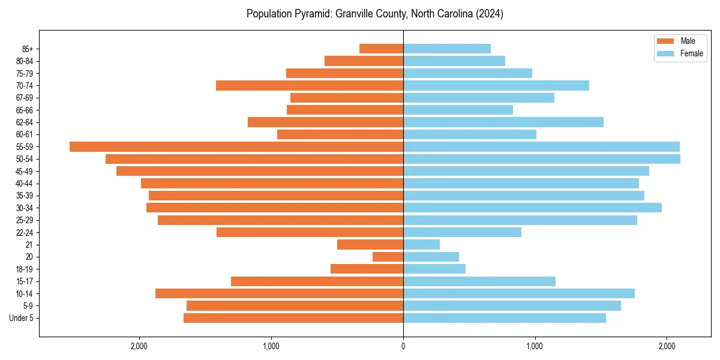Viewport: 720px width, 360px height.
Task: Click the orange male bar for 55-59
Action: [x=236, y=146]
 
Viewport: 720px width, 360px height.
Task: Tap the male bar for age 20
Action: [x=388, y=257]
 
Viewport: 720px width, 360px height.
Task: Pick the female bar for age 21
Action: [x=421, y=244]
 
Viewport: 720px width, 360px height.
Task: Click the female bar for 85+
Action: [x=447, y=49]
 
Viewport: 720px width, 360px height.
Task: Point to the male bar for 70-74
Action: [x=310, y=85]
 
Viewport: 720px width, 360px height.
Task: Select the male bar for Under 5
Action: [x=293, y=318]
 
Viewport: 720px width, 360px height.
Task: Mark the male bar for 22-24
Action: [x=310, y=232]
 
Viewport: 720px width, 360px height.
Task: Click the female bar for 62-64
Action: [x=503, y=122]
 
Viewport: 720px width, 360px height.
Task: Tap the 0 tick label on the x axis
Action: [x=403, y=346]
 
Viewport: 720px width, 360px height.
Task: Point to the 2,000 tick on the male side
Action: [x=139, y=346]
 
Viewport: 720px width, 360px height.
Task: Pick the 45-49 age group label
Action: [x=25, y=171]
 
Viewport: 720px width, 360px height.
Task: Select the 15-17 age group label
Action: [x=25, y=281]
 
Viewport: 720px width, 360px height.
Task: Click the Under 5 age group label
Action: [x=22, y=318]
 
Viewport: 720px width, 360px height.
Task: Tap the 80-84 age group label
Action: [x=25, y=61]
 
